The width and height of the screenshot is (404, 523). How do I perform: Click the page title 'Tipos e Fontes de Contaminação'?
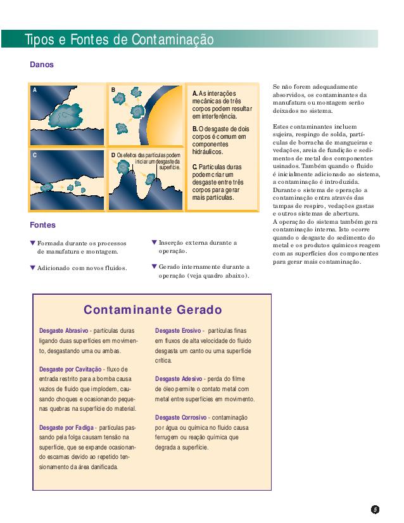point(119,40)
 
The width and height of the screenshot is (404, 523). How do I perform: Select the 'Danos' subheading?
point(42,64)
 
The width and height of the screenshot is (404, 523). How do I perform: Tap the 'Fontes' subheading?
point(42,225)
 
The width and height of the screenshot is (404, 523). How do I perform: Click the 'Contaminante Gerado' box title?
point(153,310)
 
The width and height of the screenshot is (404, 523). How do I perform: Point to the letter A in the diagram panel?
point(35,90)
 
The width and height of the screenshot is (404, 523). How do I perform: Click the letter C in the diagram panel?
point(35,155)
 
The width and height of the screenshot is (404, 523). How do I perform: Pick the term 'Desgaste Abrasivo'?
point(63,331)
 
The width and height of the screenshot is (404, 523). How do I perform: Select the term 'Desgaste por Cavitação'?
point(70,369)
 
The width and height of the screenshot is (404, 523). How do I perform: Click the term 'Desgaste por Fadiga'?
point(66,427)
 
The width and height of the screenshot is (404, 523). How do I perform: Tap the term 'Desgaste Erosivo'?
point(178,331)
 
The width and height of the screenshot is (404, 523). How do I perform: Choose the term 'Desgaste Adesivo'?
point(179,379)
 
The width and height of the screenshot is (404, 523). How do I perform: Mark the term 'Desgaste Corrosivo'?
point(181,418)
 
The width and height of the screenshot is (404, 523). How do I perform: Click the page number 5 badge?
point(375,509)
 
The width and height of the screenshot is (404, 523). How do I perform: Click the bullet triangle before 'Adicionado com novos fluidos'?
point(34,268)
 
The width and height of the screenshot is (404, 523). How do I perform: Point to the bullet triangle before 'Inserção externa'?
point(155,242)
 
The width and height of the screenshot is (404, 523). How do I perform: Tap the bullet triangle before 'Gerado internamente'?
point(155,266)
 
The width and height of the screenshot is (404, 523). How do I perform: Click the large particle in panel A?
point(63,114)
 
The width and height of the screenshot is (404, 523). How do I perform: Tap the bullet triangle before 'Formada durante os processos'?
point(34,243)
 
